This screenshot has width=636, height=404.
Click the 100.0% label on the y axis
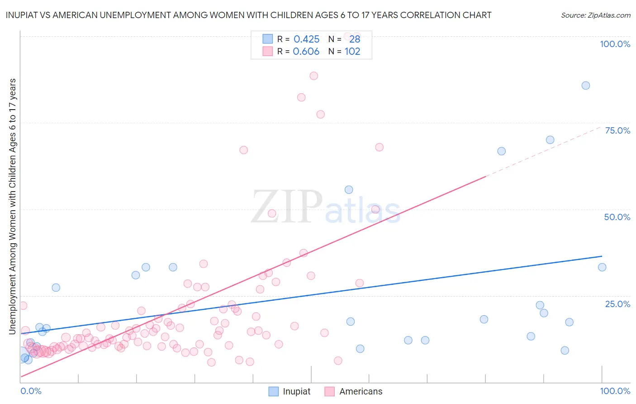point(615,44)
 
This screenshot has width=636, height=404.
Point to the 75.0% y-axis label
point(617,130)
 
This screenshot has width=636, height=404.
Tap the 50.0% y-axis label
point(617,217)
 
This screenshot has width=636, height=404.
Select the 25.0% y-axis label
point(617,304)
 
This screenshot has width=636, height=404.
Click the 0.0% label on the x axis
point(31,391)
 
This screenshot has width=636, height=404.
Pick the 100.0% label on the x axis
point(615,391)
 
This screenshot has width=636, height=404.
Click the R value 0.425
point(306,39)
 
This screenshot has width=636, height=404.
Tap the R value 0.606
point(306,52)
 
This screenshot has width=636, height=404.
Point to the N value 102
point(352,52)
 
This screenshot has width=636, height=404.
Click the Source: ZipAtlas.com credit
point(595,15)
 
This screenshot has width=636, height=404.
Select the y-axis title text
point(13,207)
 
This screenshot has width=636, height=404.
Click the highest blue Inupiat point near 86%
point(585,86)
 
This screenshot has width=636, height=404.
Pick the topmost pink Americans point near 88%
point(313,76)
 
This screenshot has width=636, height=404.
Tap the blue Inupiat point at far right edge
point(602,267)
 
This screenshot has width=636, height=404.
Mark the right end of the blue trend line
point(602,256)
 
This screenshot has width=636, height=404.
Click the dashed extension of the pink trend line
point(543,152)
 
